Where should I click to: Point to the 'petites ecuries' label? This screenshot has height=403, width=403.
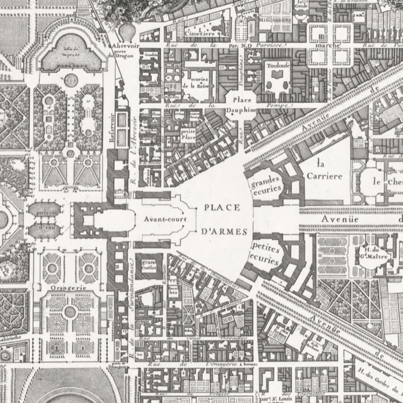coord(265,253)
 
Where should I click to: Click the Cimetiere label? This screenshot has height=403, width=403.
coord(201,33)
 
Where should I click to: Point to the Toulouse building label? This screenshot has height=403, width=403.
coord(277,66)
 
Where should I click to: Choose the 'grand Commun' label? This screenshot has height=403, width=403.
coord(149,265)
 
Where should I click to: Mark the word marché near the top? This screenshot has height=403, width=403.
coord(330,46)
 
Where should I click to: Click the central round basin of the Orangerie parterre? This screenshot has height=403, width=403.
coord(70,311)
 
